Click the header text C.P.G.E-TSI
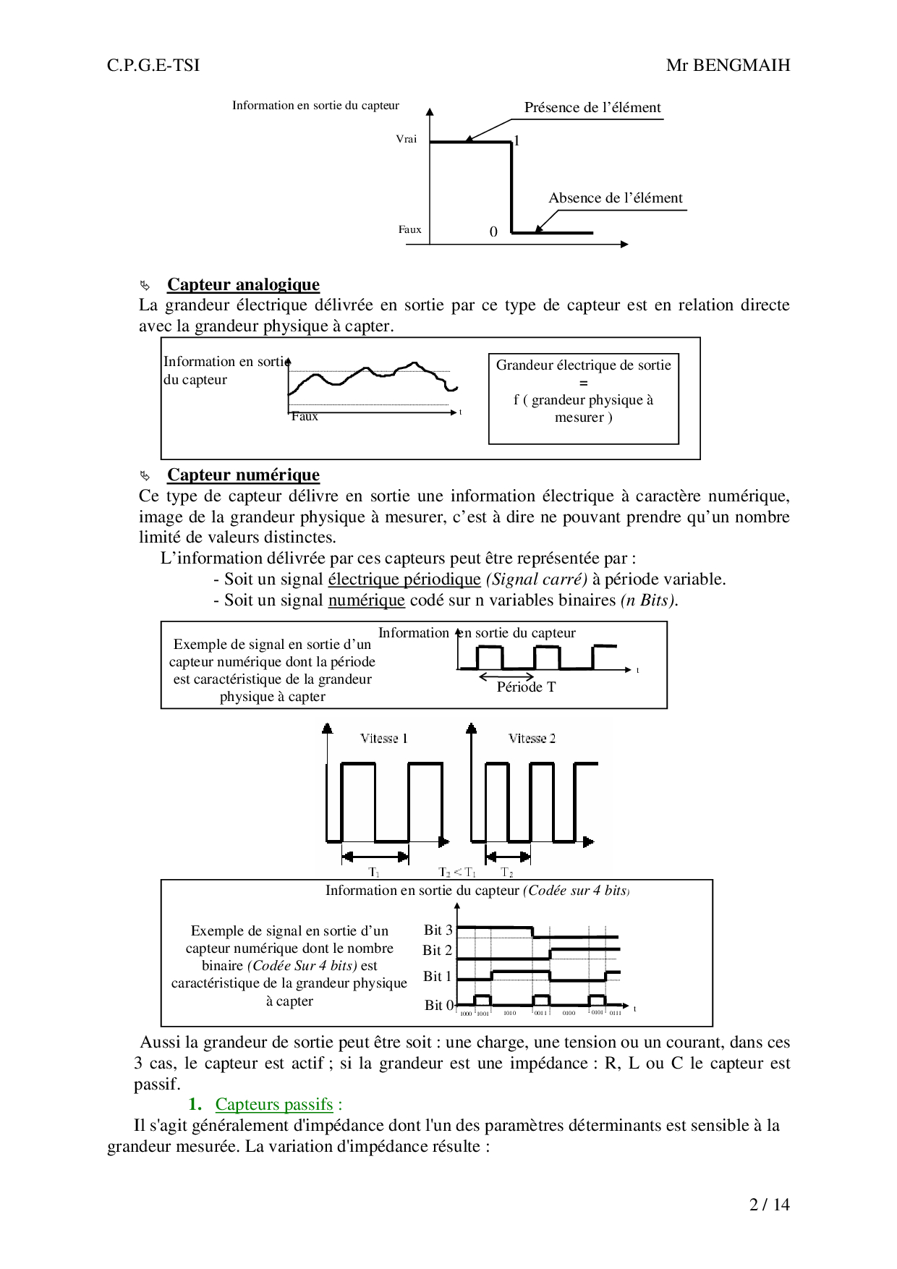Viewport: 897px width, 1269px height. point(153,66)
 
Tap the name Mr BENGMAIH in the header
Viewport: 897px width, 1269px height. point(728,66)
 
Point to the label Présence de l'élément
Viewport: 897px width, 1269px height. point(592,108)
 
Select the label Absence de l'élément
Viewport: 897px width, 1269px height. point(615,198)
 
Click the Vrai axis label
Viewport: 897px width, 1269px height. point(407,139)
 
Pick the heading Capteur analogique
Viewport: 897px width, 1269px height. point(243,284)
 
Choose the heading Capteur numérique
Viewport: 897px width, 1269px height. point(243,475)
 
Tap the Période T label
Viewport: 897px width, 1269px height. point(526,687)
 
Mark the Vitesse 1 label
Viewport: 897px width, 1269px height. point(384,739)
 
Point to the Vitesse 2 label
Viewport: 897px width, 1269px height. point(532,739)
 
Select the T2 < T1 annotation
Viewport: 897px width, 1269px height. point(457,873)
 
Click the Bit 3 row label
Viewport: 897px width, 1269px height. point(438,930)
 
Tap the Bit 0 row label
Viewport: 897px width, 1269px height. point(438,1005)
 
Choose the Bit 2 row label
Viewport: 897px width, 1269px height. point(438,951)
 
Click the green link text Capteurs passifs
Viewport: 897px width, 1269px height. point(274,1105)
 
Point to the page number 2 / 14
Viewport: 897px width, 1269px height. point(770,1205)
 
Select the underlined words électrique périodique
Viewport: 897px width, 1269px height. point(404,580)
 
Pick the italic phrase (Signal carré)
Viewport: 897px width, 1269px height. point(536,580)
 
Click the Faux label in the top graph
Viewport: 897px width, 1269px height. point(409,229)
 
